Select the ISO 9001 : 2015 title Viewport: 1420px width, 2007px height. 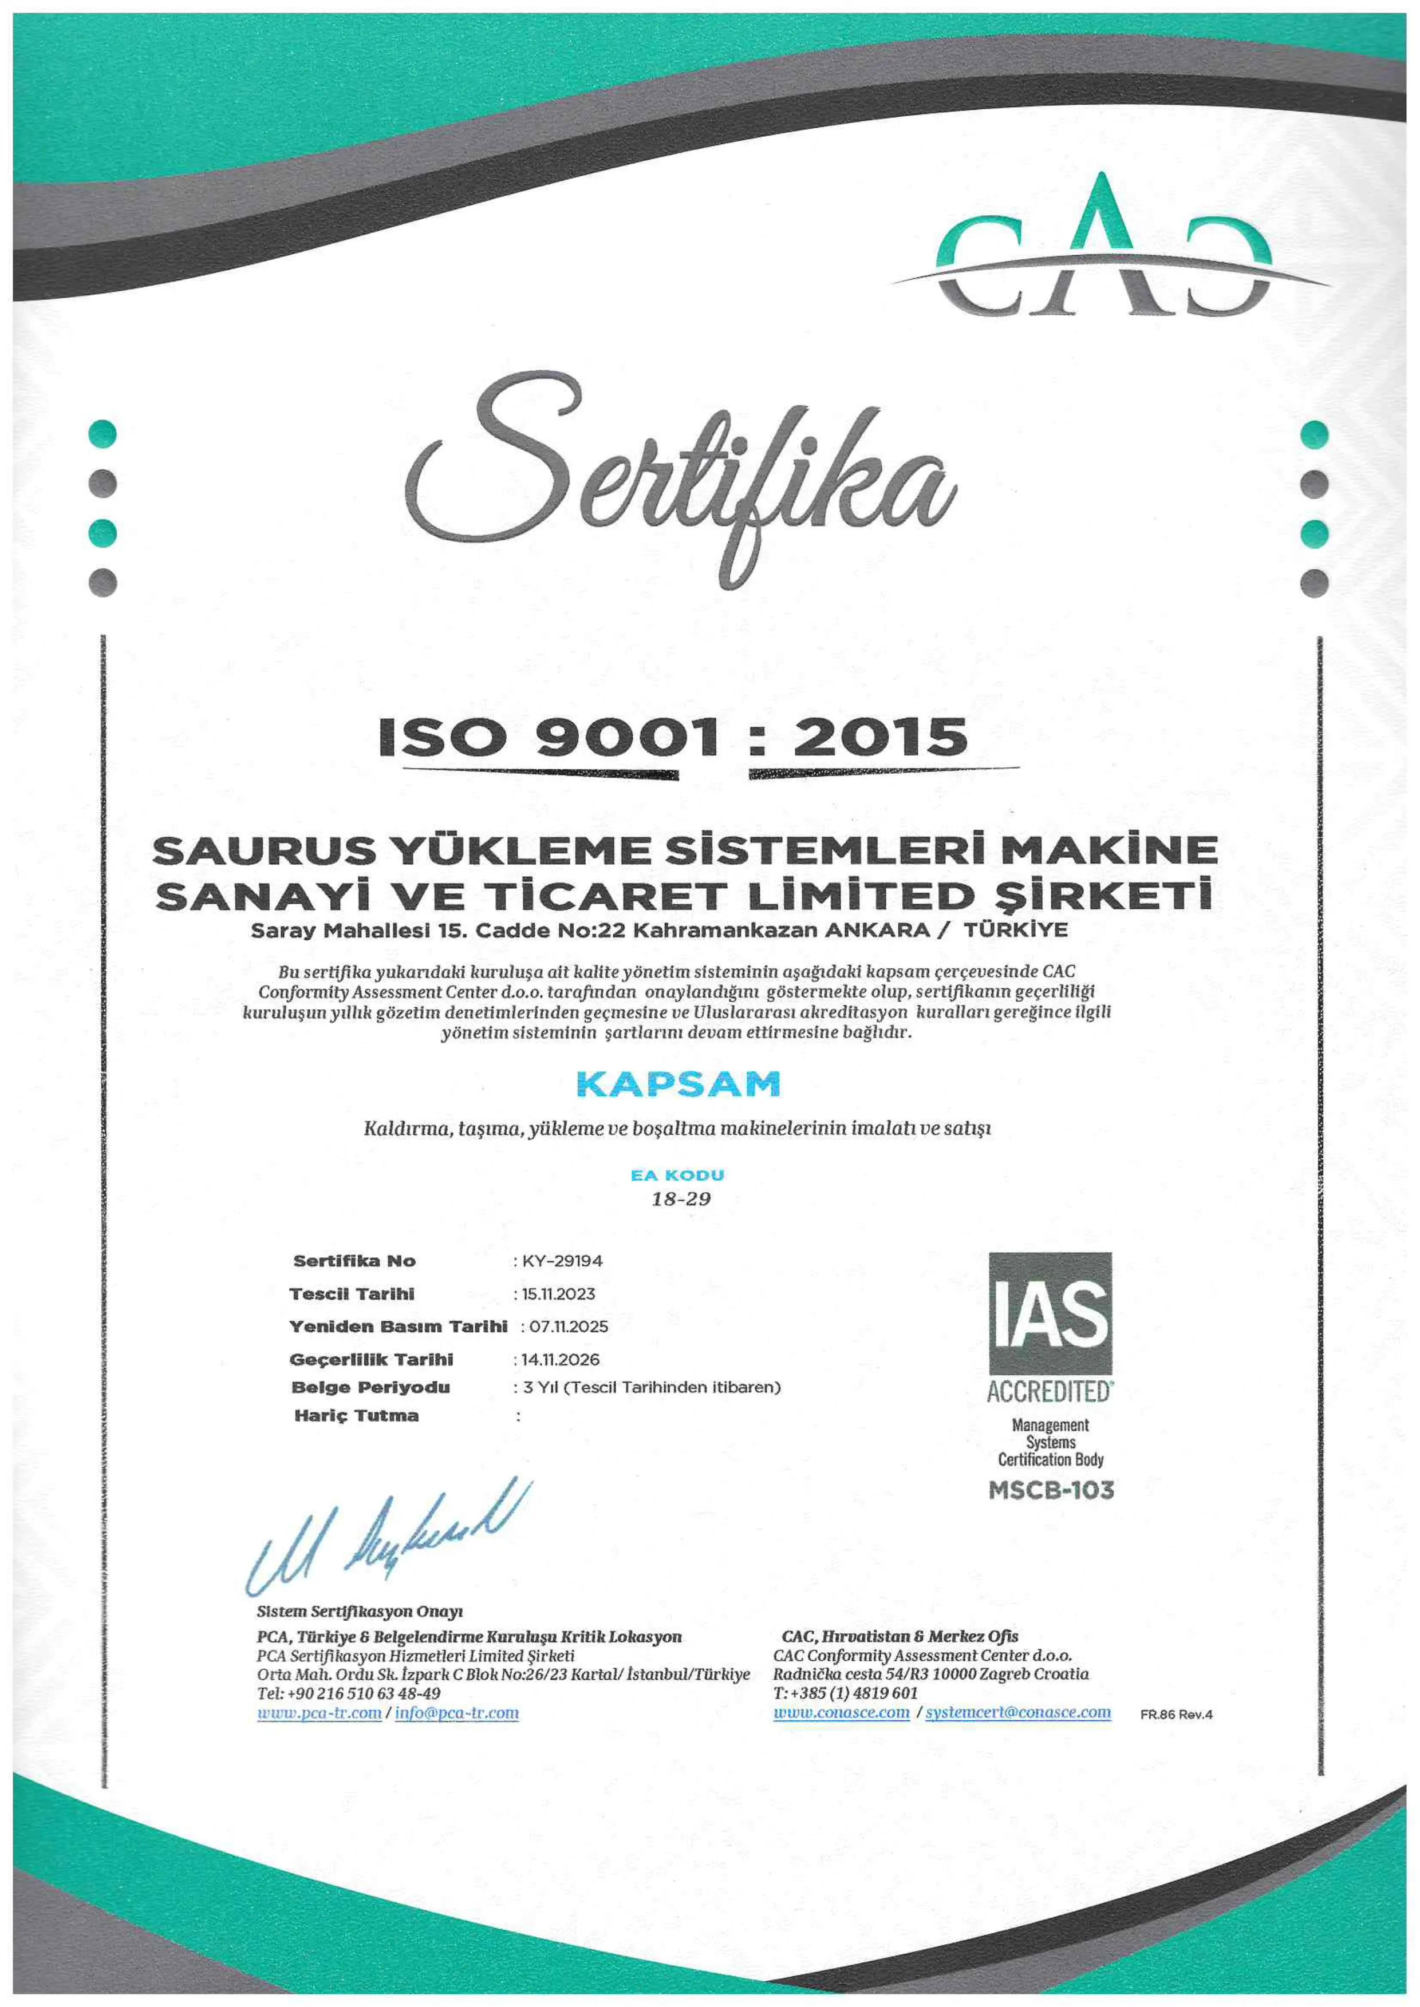pyautogui.click(x=673, y=737)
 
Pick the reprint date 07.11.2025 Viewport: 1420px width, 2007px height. pyautogui.click(x=569, y=1326)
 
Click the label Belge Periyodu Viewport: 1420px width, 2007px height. pyautogui.click(x=370, y=1387)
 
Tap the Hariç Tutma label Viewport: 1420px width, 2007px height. pyautogui.click(x=357, y=1415)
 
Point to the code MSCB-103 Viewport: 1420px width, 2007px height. pyautogui.click(x=1051, y=1490)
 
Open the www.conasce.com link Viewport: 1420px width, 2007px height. pyautogui.click(x=841, y=1712)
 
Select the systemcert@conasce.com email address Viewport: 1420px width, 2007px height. pyautogui.click(x=1018, y=1712)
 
